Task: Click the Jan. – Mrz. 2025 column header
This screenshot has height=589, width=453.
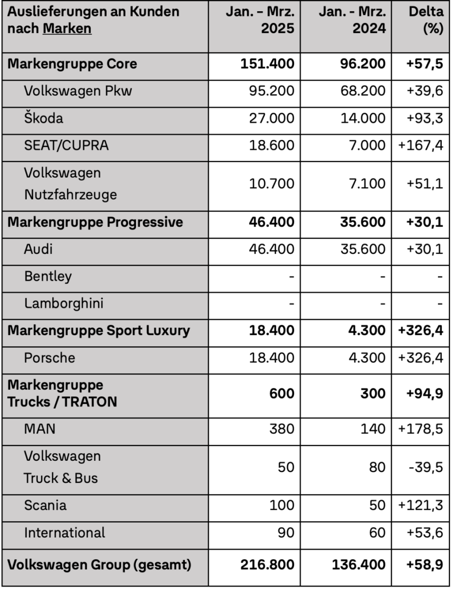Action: [260, 20]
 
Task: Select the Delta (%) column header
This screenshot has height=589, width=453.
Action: [426, 20]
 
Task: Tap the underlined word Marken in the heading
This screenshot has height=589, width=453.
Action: [67, 28]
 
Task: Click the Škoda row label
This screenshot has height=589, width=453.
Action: [43, 118]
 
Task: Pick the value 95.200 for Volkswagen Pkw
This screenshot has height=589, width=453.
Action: [271, 91]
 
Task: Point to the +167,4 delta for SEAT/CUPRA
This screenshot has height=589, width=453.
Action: [420, 145]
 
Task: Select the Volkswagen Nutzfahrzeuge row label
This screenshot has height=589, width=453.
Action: [70, 184]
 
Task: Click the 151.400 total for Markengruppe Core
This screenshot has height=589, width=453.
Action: [267, 64]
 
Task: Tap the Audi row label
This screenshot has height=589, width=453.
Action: [38, 249]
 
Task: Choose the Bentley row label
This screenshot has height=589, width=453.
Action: [48, 276]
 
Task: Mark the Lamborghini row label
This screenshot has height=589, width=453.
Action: [64, 303]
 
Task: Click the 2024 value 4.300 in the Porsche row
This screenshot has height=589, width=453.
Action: [367, 358]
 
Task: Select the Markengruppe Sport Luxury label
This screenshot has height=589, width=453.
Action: [99, 330]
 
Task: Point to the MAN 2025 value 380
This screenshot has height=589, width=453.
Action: [282, 429]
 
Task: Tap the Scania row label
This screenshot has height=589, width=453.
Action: [45, 505]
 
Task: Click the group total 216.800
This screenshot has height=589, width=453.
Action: [267, 564]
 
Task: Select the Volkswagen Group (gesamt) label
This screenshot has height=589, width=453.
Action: [100, 564]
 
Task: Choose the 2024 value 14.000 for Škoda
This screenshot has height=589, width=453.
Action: [363, 118]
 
